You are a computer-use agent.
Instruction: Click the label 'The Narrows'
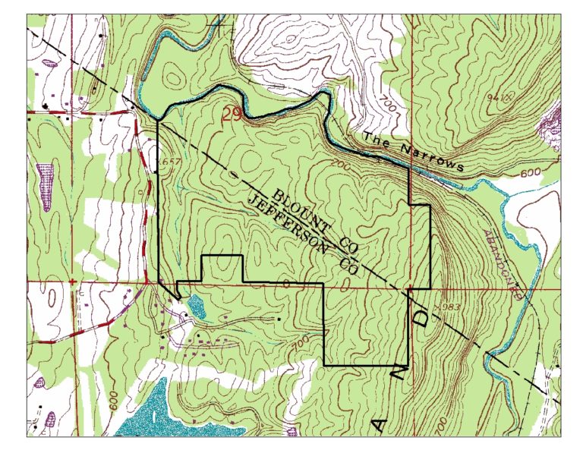pyautogui.click(x=413, y=151)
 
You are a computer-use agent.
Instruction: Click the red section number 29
pyautogui.click(x=232, y=115)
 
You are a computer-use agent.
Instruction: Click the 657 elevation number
pyautogui.click(x=172, y=162)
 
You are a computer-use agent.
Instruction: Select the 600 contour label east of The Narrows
pyautogui.click(x=531, y=174)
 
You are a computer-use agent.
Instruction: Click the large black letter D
pyautogui.click(x=422, y=319)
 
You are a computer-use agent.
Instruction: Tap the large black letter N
pyautogui.click(x=402, y=368)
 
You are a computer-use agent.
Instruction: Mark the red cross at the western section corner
pyautogui.click(x=72, y=282)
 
